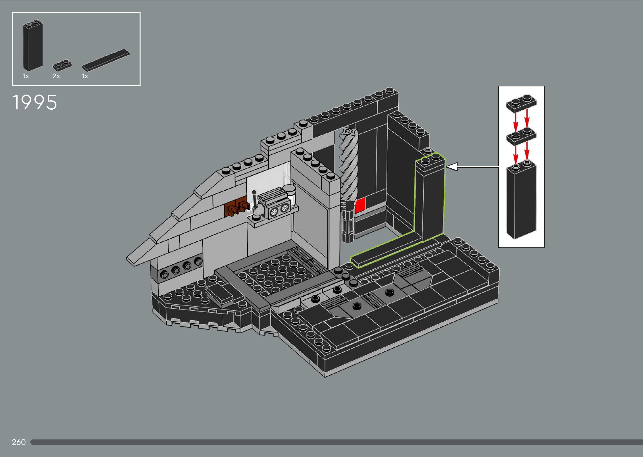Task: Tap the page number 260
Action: (x=19, y=442)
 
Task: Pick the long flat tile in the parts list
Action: (x=106, y=60)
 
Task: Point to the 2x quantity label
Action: (x=56, y=76)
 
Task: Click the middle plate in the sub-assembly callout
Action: (x=521, y=136)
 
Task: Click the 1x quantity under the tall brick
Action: (x=26, y=76)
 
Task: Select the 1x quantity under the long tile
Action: (x=85, y=76)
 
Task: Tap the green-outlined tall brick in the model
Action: (x=430, y=197)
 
